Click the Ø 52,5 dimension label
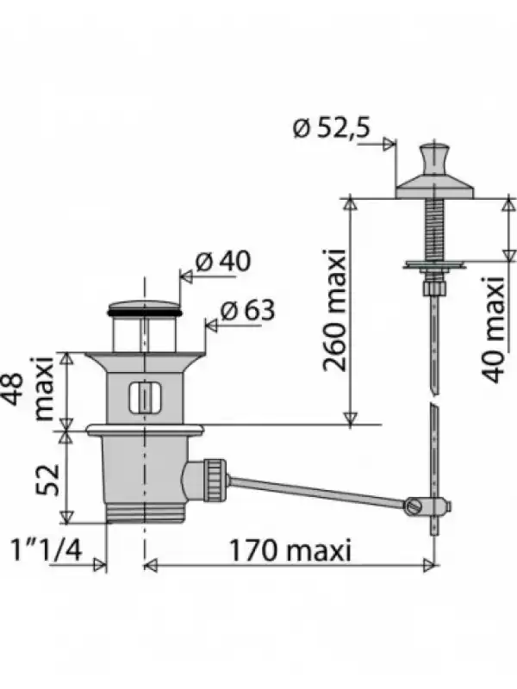(332, 127)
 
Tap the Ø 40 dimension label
(223, 261)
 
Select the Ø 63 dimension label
(247, 310)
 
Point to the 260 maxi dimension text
(335, 311)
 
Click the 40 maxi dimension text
(493, 330)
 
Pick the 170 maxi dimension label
(290, 549)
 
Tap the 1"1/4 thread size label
(47, 549)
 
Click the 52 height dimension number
(47, 479)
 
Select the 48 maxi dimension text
(31, 390)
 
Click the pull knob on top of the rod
(433, 159)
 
